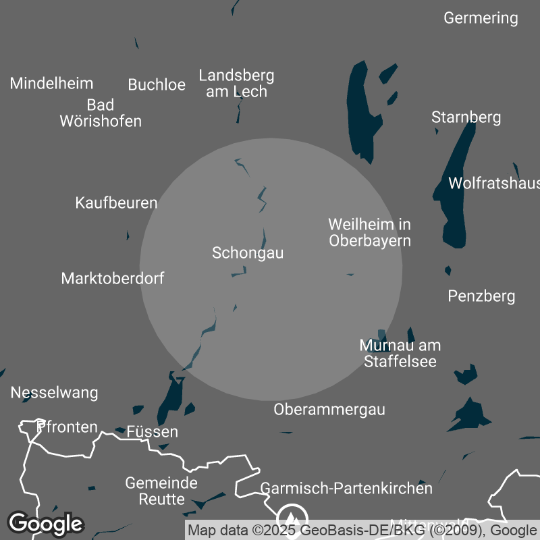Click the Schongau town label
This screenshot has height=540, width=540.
pyautogui.click(x=248, y=253)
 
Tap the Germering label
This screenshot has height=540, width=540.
pyautogui.click(x=481, y=18)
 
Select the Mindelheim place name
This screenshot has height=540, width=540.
pyautogui.click(x=51, y=84)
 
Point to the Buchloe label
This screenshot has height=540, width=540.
pyautogui.click(x=157, y=85)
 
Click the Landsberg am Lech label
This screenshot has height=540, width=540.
pyautogui.click(x=236, y=84)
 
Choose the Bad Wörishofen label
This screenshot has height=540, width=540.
pyautogui.click(x=101, y=113)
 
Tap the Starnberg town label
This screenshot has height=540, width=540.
pyautogui.click(x=466, y=117)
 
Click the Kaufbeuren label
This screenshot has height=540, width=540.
pyautogui.click(x=116, y=202)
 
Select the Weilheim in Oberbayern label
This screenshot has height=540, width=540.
pyautogui.click(x=369, y=232)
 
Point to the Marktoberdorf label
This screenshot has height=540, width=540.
pyautogui.click(x=112, y=278)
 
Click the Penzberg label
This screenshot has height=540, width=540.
pyautogui.click(x=481, y=296)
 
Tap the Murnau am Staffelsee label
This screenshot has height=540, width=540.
pyautogui.click(x=400, y=354)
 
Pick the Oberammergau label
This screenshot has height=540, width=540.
pyautogui.click(x=329, y=409)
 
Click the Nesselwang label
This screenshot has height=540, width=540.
pyautogui.click(x=54, y=393)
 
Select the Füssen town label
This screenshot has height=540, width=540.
pyautogui.click(x=153, y=432)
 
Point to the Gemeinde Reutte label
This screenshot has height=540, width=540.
pyautogui.click(x=161, y=491)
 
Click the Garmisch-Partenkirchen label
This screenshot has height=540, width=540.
pyautogui.click(x=346, y=488)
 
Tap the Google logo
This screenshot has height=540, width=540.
pyautogui.click(x=45, y=523)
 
